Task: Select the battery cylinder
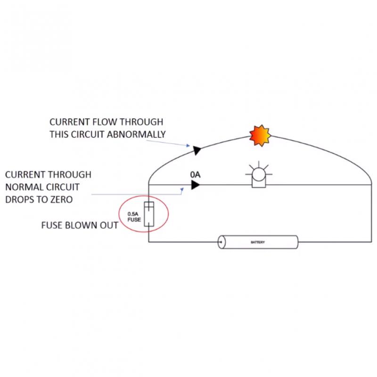[259, 242]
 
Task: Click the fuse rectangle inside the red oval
[148, 215]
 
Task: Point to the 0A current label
[195, 175]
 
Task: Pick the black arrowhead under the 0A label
[195, 185]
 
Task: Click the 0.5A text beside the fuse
[134, 213]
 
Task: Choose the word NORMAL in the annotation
[23, 187]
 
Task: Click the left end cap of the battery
[221, 242]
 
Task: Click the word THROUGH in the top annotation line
[140, 121]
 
